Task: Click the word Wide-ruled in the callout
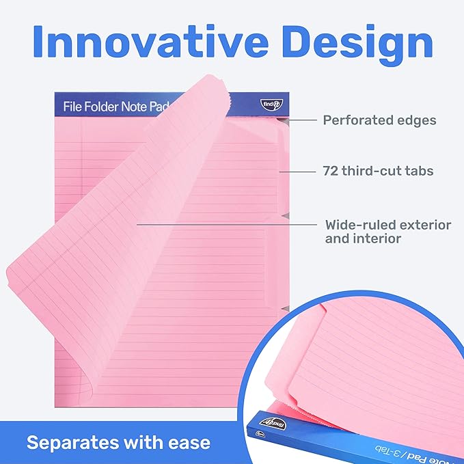(358, 224)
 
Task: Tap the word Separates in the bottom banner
(70, 442)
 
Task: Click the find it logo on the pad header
(269, 105)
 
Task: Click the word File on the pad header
(73, 107)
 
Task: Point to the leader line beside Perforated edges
(302, 120)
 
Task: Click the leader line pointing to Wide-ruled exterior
(226, 223)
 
